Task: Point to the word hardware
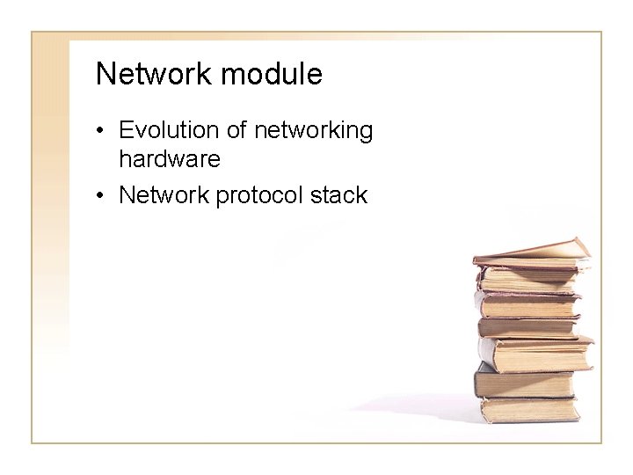tap(169, 160)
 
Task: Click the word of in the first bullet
tap(236, 131)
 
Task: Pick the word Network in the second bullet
tap(163, 194)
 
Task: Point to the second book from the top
tap(527, 280)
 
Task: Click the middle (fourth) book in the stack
tap(527, 328)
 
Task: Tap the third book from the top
tap(527, 304)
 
